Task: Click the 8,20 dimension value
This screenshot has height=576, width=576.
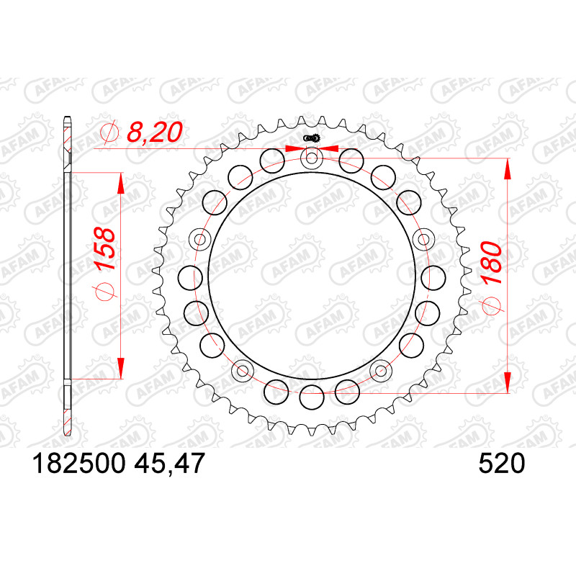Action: (x=154, y=132)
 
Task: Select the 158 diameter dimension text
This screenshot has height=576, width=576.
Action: (x=104, y=249)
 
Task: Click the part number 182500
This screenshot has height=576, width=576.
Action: (x=79, y=463)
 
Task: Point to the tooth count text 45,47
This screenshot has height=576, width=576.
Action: (x=169, y=463)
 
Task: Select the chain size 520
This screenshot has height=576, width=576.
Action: (x=502, y=463)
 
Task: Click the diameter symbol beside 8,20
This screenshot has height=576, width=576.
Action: (x=109, y=132)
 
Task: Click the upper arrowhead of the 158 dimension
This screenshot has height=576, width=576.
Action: (x=120, y=183)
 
